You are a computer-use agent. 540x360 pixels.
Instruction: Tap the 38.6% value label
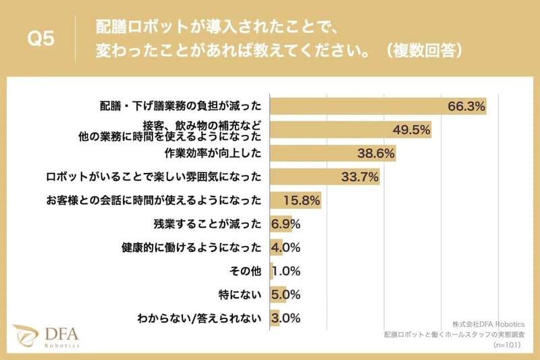[376, 153]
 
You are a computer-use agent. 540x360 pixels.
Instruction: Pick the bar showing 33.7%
[325, 177]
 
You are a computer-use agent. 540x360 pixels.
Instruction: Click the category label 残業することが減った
[207, 224]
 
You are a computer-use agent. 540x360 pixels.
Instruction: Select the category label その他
[246, 271]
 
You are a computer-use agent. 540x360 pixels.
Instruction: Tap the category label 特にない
[241, 294]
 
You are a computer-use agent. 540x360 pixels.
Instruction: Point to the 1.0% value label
[286, 271]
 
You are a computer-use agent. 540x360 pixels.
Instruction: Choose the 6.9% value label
[286, 224]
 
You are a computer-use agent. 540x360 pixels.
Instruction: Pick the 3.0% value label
[286, 318]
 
